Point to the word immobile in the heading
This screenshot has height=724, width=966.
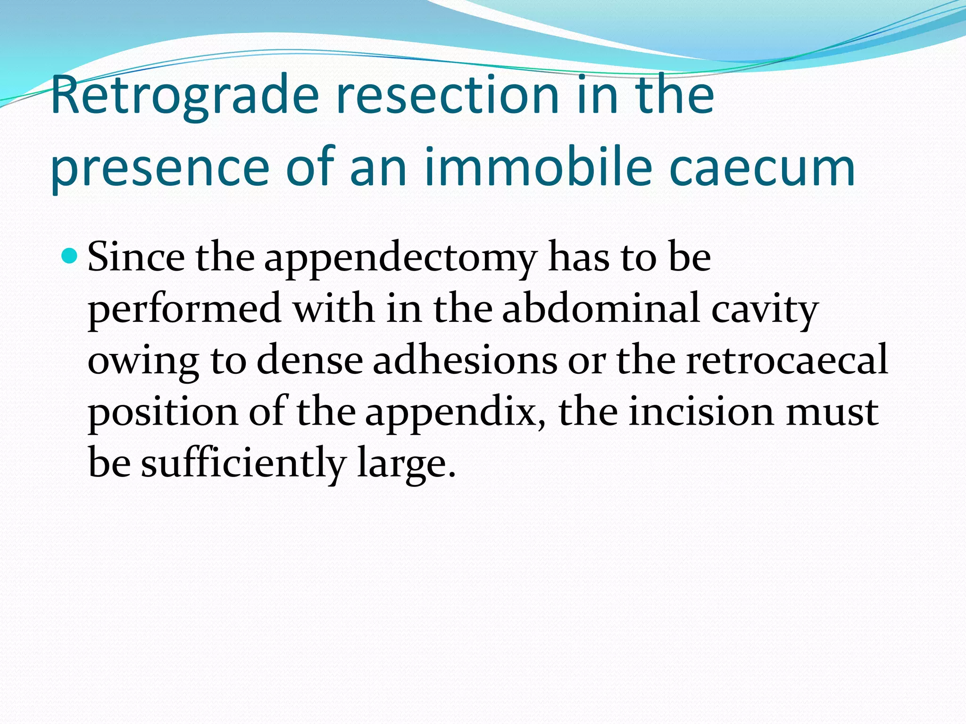coord(538,167)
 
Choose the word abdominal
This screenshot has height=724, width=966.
coord(601,309)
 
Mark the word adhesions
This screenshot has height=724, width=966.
coord(465,361)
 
